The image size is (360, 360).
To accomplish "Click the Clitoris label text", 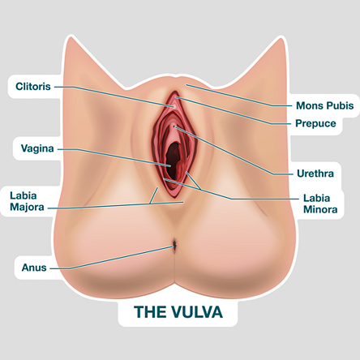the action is pyautogui.click(x=33, y=87).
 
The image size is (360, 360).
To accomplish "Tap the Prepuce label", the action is pyautogui.click(x=315, y=123).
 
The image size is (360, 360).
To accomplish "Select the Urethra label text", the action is pyautogui.click(x=315, y=174).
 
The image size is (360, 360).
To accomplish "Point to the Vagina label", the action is pyautogui.click(x=37, y=148).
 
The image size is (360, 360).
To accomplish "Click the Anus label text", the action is pyautogui.click(x=34, y=268).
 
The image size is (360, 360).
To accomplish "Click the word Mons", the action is pyautogui.click(x=308, y=105).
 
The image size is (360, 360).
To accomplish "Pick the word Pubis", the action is pyautogui.click(x=339, y=105).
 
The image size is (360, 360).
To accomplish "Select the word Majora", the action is pyautogui.click(x=27, y=208).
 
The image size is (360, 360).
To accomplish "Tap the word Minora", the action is pyautogui.click(x=320, y=209).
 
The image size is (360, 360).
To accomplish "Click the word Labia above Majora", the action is pyautogui.click(x=24, y=195).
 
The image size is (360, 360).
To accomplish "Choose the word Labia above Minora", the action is pyautogui.click(x=316, y=198).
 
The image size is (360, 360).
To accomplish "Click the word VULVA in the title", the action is pyautogui.click(x=197, y=312).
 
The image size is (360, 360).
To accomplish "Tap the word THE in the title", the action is pyautogui.click(x=151, y=312).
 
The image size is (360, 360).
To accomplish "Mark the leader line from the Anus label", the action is pyautogui.click(x=111, y=259).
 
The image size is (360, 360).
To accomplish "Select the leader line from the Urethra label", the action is pyautogui.click(x=234, y=151).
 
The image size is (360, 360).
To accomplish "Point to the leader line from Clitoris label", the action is pyautogui.click(x=114, y=96).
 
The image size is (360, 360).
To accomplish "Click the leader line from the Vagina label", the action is pyautogui.click(x=114, y=157).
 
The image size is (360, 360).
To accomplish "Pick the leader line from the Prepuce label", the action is pyautogui.click(x=233, y=110).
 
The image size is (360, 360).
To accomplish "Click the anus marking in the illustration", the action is pyautogui.click(x=174, y=246).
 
